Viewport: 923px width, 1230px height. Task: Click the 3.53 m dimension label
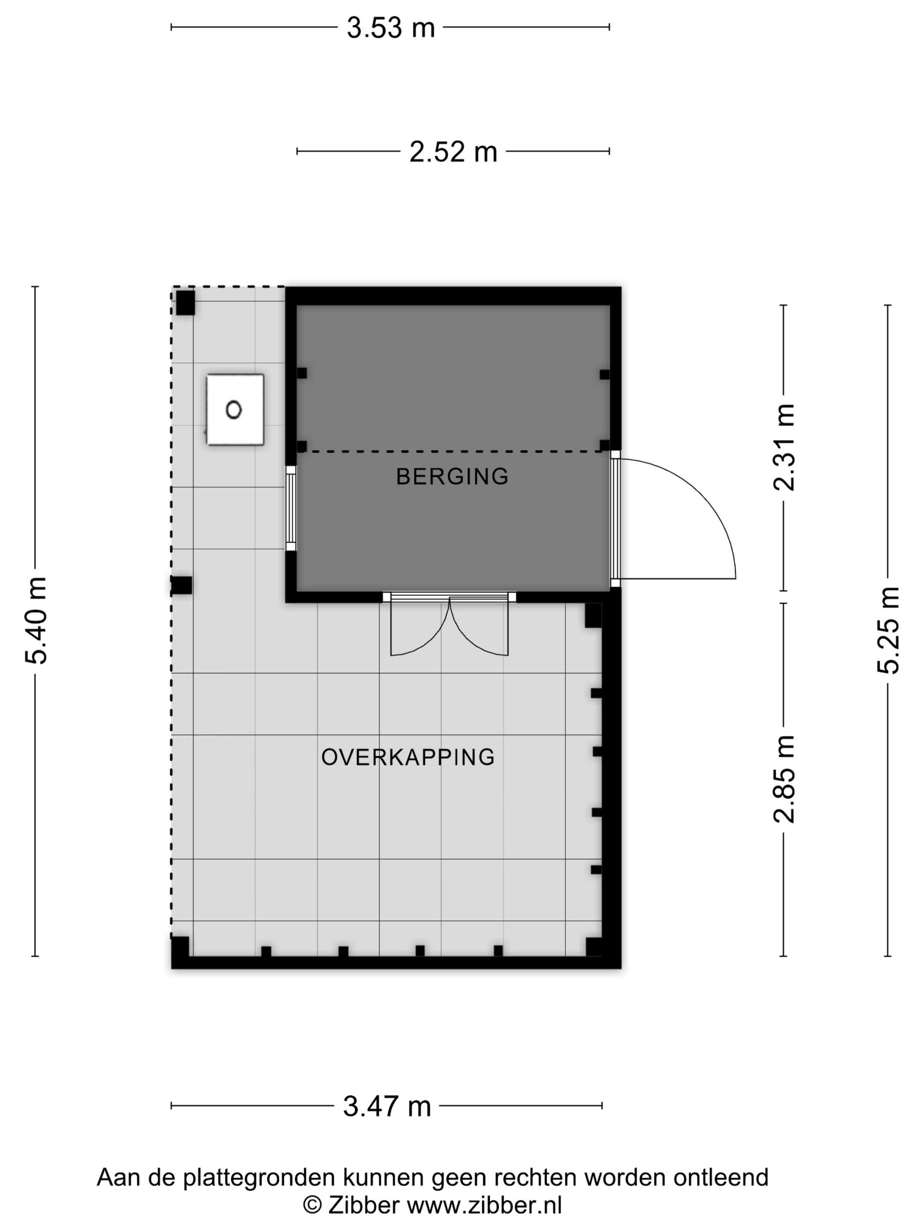[391, 27]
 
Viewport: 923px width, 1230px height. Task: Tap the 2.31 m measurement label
[785, 448]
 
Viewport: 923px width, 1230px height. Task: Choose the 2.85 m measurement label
[785, 778]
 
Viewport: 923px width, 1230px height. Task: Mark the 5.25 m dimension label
[888, 630]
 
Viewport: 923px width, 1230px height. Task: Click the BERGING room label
[452, 477]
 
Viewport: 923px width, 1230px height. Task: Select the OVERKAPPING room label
[408, 757]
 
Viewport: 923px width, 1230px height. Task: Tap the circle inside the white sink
[234, 410]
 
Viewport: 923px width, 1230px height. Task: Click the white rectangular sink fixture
[235, 410]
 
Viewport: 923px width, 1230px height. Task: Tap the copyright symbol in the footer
[312, 1205]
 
